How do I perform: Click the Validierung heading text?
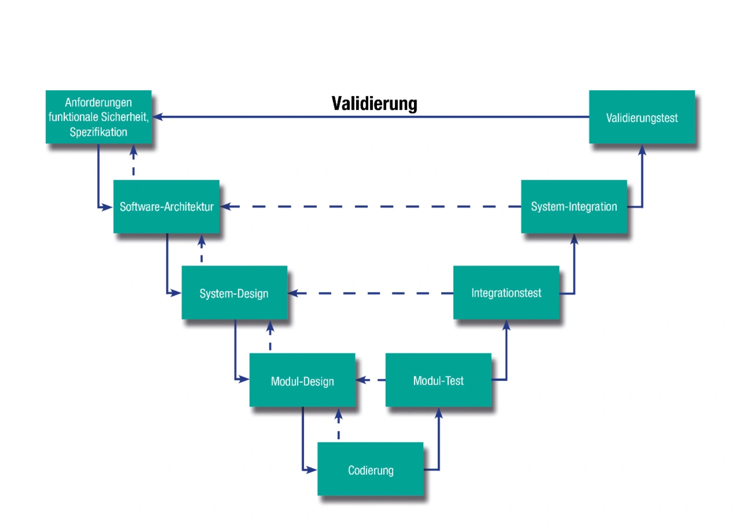(374, 103)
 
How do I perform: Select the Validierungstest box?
(642, 117)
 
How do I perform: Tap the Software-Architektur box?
(166, 206)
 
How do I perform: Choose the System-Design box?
(234, 293)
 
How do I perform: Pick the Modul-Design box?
(302, 380)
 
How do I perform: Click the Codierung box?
(371, 469)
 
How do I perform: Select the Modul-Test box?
(438, 380)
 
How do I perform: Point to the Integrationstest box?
(506, 293)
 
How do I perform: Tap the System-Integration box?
(574, 206)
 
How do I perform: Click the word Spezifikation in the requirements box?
(98, 132)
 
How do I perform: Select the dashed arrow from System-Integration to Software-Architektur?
(370, 206)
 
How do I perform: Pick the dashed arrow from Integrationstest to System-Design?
(370, 293)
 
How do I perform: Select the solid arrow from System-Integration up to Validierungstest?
(642, 179)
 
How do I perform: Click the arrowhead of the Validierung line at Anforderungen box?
(157, 117)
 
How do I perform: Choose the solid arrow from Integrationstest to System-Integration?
(574, 266)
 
